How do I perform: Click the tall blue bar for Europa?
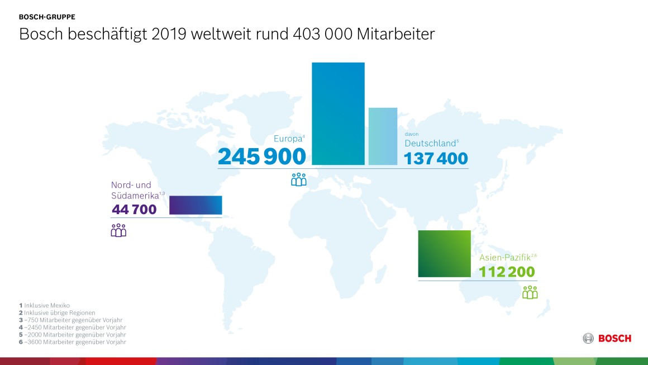(x=338, y=113)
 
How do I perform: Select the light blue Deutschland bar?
(x=383, y=136)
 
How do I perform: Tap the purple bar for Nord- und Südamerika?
(x=196, y=205)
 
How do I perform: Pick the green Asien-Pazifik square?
(x=444, y=254)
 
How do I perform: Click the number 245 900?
(x=262, y=157)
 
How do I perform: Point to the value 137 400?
(x=436, y=159)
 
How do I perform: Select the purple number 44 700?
(x=134, y=210)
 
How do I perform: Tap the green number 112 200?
(x=507, y=272)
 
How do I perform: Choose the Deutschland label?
(x=430, y=144)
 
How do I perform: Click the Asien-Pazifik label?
(x=505, y=258)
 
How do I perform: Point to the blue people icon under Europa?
(x=299, y=179)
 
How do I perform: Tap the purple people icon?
(x=118, y=230)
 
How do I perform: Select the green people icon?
(x=530, y=292)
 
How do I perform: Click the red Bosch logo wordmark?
(x=614, y=338)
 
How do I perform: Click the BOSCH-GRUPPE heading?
(x=47, y=17)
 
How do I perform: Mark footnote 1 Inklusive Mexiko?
(x=44, y=305)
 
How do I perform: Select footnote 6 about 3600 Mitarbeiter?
(x=72, y=342)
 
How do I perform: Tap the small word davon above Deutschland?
(x=411, y=134)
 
